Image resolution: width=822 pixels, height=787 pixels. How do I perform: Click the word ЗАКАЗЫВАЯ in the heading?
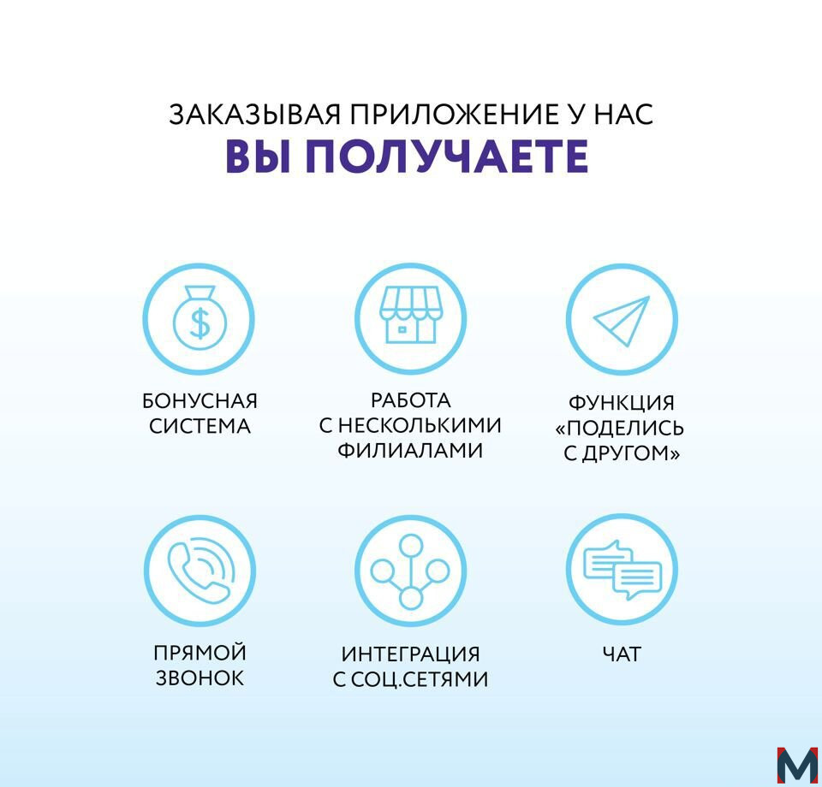[255, 114]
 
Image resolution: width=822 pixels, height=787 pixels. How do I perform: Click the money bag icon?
[200, 317]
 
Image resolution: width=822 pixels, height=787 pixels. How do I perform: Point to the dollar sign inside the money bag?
[200, 323]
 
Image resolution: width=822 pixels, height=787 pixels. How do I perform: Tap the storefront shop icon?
[410, 315]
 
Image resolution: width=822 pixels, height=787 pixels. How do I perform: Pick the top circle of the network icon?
[410, 546]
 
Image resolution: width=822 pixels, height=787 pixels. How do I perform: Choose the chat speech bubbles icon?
[622, 571]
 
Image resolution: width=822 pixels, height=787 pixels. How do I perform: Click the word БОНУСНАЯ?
[200, 401]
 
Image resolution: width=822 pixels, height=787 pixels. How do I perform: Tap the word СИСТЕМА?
[200, 426]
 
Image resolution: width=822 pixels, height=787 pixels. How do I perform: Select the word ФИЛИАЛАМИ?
[410, 450]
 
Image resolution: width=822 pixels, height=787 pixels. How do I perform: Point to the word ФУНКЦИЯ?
[622, 403]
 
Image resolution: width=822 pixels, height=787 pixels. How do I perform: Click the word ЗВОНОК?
[200, 678]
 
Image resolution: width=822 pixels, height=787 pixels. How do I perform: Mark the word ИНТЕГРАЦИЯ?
[410, 654]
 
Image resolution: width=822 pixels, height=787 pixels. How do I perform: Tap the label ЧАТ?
[622, 654]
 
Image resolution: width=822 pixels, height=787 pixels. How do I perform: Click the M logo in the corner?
[797, 766]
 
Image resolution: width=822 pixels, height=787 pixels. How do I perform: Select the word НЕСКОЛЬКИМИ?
[420, 425]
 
